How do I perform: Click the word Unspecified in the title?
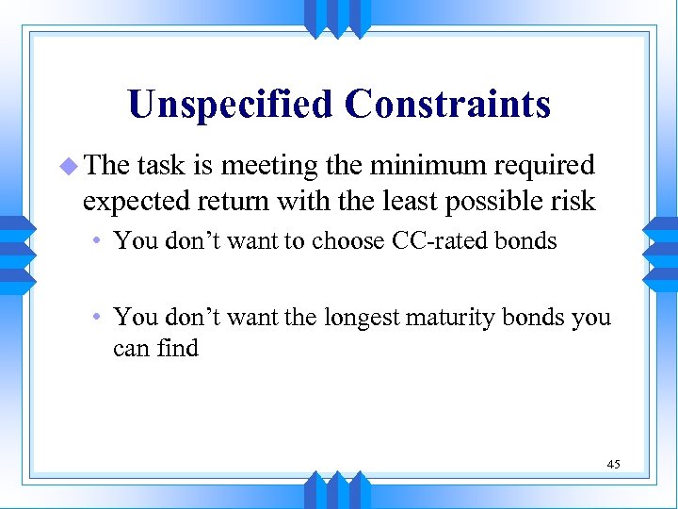coord(231,104)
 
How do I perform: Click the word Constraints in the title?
coord(447,104)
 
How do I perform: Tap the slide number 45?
coord(613,464)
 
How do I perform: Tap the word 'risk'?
coord(573,201)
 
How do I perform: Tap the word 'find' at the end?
coord(177,348)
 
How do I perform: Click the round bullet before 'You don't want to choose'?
coord(100,241)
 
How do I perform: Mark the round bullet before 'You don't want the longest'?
coord(100,318)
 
